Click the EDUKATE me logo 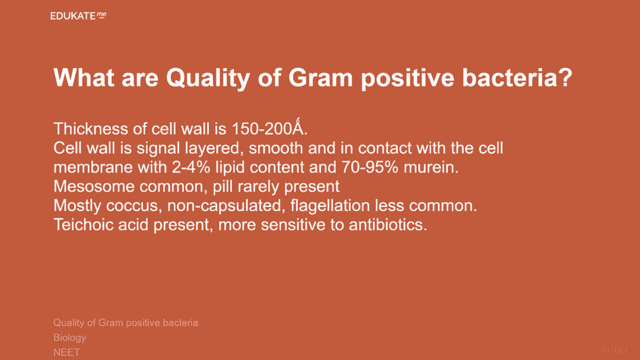pos(78,16)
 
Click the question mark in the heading pos(565,78)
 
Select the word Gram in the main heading pos(320,78)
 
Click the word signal pos(158,148)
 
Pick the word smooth pos(276,148)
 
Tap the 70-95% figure pos(366,167)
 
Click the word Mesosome pos(94,187)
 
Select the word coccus pos(132,206)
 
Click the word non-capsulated pos(224,206)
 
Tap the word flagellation pos(330,206)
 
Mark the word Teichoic pos(83,225)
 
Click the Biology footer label pos(70,337)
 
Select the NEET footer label pos(66,352)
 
